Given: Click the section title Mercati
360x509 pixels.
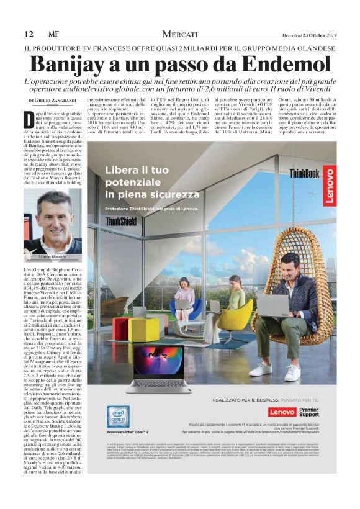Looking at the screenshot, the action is [180, 34].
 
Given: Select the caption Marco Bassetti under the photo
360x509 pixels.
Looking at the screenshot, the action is [53, 256].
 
